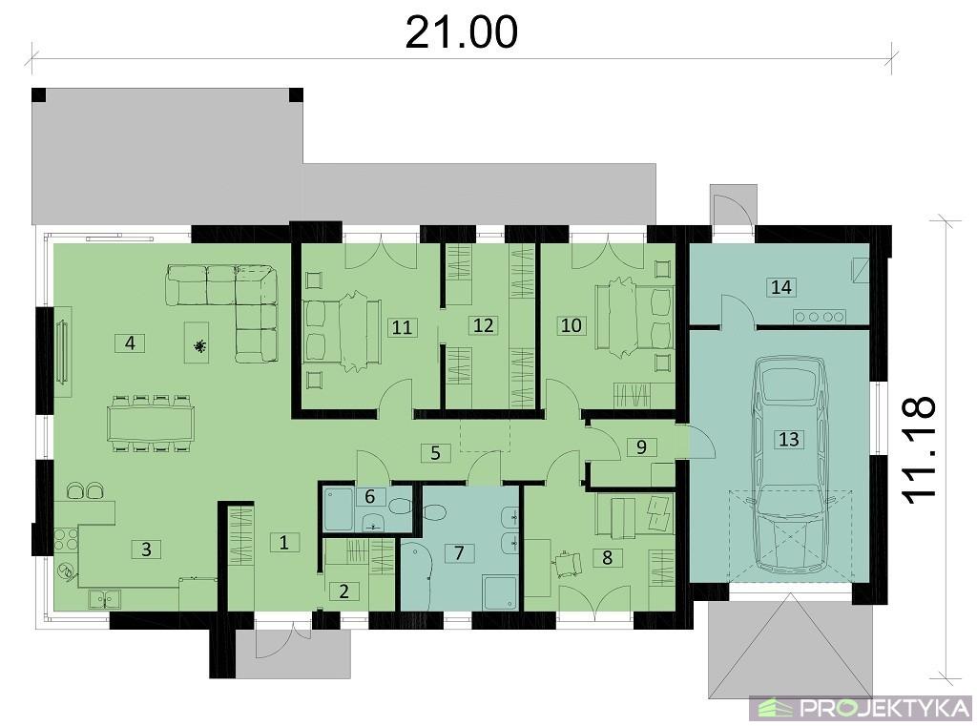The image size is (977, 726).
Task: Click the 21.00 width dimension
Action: (461, 32)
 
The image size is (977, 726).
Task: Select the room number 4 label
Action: (130, 342)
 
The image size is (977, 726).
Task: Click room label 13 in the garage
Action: (788, 439)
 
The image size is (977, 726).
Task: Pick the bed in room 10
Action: (634, 317)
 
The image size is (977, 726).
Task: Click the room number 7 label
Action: (459, 552)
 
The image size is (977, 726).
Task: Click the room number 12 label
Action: (483, 325)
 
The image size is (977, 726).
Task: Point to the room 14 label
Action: (781, 286)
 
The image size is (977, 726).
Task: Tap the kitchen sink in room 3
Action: (105, 599)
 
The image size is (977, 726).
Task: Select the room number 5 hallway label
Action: (435, 452)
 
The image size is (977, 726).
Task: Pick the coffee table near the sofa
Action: (198, 342)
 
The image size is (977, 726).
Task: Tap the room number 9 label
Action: (641, 446)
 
